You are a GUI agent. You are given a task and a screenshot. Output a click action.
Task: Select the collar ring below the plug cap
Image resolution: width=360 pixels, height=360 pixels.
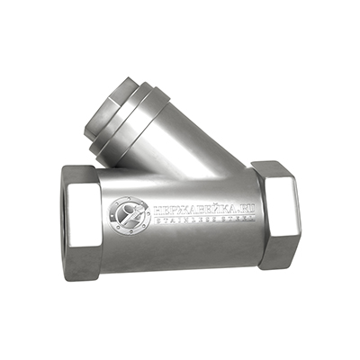[x=148, y=121]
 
